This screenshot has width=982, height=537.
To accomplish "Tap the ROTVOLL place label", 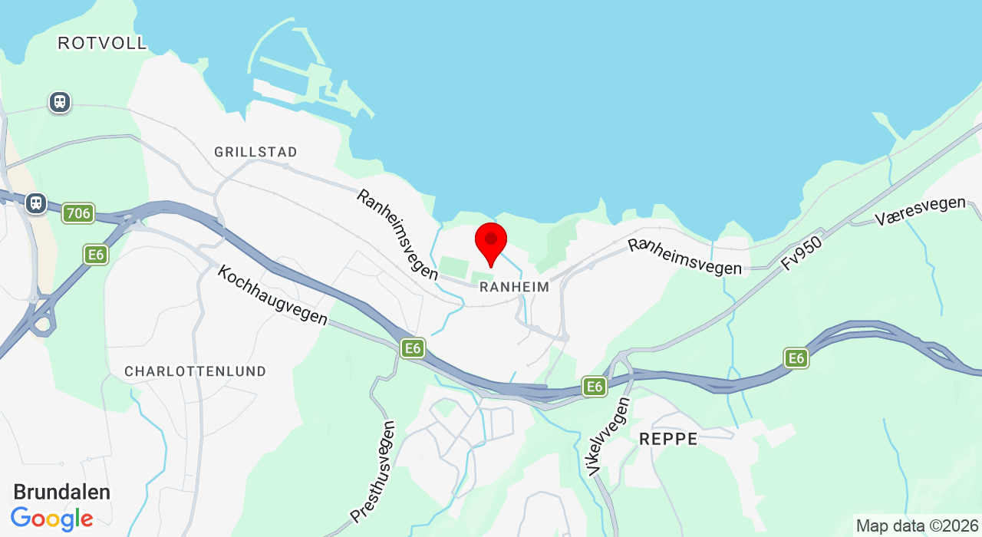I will click(102, 43).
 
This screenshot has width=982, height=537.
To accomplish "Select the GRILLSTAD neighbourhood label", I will click(255, 152).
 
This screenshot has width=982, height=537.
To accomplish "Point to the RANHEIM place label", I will click(514, 287).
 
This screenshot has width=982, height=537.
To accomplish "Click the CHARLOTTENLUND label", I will click(196, 371).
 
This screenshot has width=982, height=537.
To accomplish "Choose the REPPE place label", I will click(668, 439).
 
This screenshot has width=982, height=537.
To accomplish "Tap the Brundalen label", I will click(62, 492).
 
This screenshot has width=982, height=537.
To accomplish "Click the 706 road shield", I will click(78, 213).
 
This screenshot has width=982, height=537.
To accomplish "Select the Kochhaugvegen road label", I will click(272, 295).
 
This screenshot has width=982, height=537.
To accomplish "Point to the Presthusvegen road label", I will click(373, 471).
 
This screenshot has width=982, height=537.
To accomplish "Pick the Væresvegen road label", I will click(920, 211).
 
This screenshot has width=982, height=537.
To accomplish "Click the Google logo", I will click(52, 519).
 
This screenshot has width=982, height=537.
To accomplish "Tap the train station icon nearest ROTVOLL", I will click(59, 102).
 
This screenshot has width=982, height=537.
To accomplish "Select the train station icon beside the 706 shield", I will click(35, 203).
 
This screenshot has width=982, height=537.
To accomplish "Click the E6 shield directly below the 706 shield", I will click(96, 255).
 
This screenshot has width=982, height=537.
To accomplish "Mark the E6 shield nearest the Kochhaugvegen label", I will click(413, 348).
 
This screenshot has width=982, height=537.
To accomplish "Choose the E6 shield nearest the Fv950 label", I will click(796, 357).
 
